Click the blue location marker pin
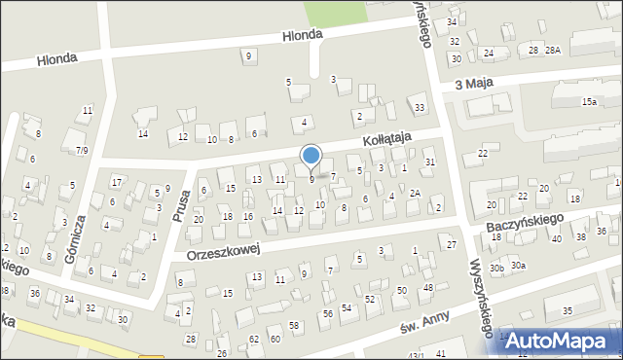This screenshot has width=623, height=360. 311,156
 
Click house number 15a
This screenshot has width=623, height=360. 589,101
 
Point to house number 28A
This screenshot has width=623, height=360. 553,50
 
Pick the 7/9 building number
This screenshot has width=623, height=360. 82,150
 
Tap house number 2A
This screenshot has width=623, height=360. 414,193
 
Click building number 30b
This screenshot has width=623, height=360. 496,267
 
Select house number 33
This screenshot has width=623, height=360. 419,107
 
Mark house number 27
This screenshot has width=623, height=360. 452,244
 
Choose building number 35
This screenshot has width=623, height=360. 567,311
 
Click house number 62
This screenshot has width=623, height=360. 254,340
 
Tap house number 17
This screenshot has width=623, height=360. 117,182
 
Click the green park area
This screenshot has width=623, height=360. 330,13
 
